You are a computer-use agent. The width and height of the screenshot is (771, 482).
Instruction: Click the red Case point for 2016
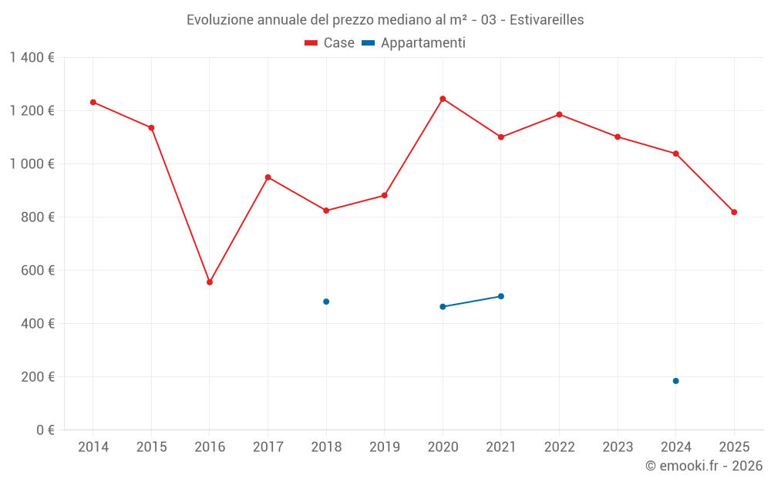pyautogui.click(x=210, y=282)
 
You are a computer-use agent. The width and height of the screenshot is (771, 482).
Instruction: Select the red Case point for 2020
pyautogui.click(x=443, y=99)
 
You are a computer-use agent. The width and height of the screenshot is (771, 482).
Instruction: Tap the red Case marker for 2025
pyautogui.click(x=734, y=212)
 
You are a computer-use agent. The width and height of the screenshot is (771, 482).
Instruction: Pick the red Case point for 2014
pyautogui.click(x=93, y=102)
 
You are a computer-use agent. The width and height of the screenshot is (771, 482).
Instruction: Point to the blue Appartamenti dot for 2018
pyautogui.click(x=326, y=302)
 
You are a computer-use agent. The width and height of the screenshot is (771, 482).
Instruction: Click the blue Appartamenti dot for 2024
pyautogui.click(x=675, y=381)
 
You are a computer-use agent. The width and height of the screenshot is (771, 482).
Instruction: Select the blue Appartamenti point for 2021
pyautogui.click(x=501, y=296)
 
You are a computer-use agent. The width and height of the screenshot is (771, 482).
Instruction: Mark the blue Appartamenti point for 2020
pyautogui.click(x=443, y=307)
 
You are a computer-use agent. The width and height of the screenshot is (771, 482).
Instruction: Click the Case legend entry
pyautogui.click(x=330, y=43)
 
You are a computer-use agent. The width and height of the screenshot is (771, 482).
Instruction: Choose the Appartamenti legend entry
pyautogui.click(x=414, y=43)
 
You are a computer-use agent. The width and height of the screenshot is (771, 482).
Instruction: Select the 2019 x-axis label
pyautogui.click(x=385, y=447)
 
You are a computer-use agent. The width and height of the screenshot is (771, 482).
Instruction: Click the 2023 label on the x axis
pyautogui.click(x=618, y=447)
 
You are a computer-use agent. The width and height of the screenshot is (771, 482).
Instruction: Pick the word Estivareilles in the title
pyautogui.click(x=545, y=19)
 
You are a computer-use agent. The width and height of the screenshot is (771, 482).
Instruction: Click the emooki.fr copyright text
pyautogui.click(x=703, y=466)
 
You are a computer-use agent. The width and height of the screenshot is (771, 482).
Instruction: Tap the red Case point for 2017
pyautogui.click(x=268, y=177)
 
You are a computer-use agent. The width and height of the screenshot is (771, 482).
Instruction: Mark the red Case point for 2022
pyautogui.click(x=559, y=115)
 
